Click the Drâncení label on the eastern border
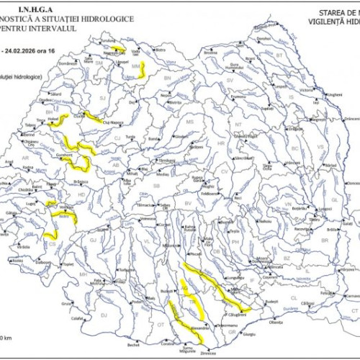pyautogui.click(x=351, y=119)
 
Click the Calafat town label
pyautogui.click(x=77, y=318)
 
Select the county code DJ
pyautogui.click(x=103, y=315)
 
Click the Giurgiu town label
pyautogui.click(x=249, y=335)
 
